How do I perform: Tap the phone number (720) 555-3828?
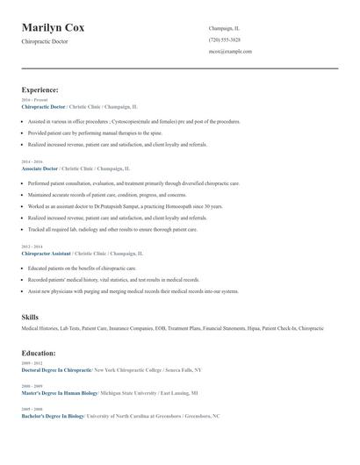225,39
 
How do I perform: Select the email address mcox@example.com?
230,51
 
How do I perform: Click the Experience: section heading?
40,89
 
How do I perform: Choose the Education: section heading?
39,353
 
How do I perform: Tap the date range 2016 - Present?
34,100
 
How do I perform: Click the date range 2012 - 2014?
31,247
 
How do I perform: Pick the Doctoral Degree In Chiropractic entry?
56,369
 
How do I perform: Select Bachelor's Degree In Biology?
54,416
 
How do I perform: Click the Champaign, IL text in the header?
224,28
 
